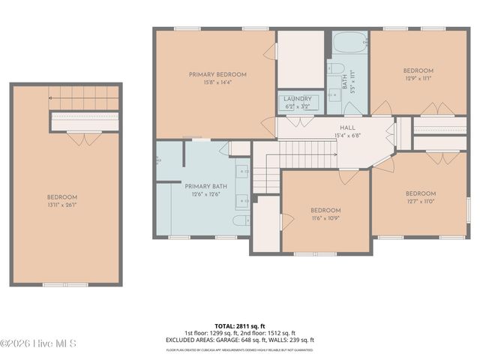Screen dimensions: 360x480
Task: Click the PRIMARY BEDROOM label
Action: tap(217, 74)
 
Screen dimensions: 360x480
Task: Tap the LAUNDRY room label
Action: tap(297, 99)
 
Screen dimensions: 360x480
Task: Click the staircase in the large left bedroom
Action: tap(84, 96)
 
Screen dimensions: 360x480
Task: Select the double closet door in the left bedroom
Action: tap(84, 139)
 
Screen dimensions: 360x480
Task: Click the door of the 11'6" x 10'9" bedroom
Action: tap(349, 177)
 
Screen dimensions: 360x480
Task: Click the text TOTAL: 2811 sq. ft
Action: tap(239, 326)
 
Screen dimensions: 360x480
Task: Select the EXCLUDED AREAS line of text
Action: tap(239, 340)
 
